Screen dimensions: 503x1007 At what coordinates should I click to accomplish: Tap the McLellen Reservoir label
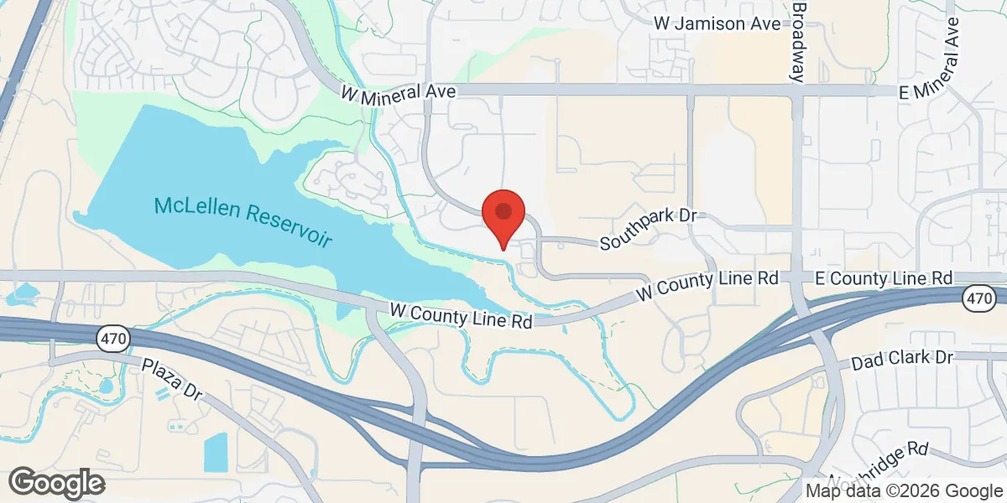(x=243, y=220)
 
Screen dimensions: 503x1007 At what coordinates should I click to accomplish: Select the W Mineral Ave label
(x=398, y=93)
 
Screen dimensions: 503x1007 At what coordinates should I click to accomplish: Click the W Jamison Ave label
(x=717, y=23)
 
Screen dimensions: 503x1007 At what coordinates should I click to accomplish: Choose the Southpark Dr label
(x=649, y=229)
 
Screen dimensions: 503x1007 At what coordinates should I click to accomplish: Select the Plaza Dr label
(x=173, y=378)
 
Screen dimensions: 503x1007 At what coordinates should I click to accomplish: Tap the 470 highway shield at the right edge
(x=978, y=297)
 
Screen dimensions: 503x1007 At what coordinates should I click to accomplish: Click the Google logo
(x=57, y=482)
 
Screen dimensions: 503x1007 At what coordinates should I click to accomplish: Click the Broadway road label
(x=799, y=40)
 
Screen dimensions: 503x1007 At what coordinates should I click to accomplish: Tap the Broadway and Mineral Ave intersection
(x=798, y=91)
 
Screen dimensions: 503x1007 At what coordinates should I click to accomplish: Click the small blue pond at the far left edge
(x=21, y=294)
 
